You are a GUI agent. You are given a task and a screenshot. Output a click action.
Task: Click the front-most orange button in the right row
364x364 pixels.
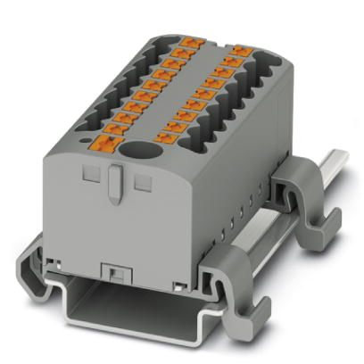pos(165,137)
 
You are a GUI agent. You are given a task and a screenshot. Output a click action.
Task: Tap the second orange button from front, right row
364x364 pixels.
pos(175,127)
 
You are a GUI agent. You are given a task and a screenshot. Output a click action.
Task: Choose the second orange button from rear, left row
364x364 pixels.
pos(179,53)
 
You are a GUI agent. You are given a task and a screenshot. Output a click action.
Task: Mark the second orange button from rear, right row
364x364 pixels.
pos(232,62)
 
